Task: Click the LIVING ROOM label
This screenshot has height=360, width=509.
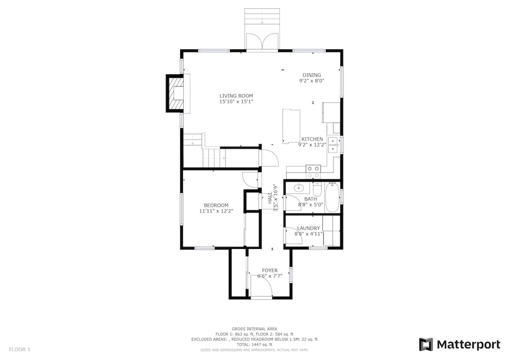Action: tap(236, 96)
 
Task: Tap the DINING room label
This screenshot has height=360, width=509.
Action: tap(312, 75)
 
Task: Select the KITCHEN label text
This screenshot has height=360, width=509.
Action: tap(312, 139)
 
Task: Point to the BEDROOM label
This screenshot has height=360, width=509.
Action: tap(216, 205)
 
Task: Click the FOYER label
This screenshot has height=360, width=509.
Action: tap(270, 270)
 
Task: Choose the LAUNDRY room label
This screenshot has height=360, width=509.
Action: tap(308, 228)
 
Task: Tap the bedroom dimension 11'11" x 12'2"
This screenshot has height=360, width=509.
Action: tap(216, 211)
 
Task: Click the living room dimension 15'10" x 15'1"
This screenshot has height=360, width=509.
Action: tap(236, 102)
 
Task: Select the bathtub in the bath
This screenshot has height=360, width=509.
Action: tap(332, 198)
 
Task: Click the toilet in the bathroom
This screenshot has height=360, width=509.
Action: tap(317, 189)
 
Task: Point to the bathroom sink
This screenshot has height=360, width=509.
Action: tap(298, 187)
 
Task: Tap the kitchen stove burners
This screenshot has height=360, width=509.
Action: tap(313, 172)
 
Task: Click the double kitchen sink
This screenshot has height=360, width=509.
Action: tap(332, 145)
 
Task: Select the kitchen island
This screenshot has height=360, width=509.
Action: tap(291, 126)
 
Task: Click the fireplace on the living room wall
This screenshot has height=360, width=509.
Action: tap(175, 94)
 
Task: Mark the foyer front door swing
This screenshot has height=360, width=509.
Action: tap(261, 286)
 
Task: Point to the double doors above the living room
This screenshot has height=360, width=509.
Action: tap(262, 41)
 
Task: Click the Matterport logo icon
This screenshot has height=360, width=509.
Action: tap(426, 344)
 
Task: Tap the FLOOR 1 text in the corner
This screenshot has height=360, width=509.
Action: tap(19, 350)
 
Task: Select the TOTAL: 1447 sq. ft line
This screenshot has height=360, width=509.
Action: tap(254, 344)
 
